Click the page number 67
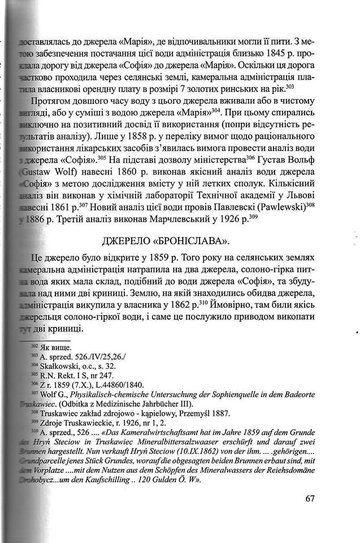[309, 498]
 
